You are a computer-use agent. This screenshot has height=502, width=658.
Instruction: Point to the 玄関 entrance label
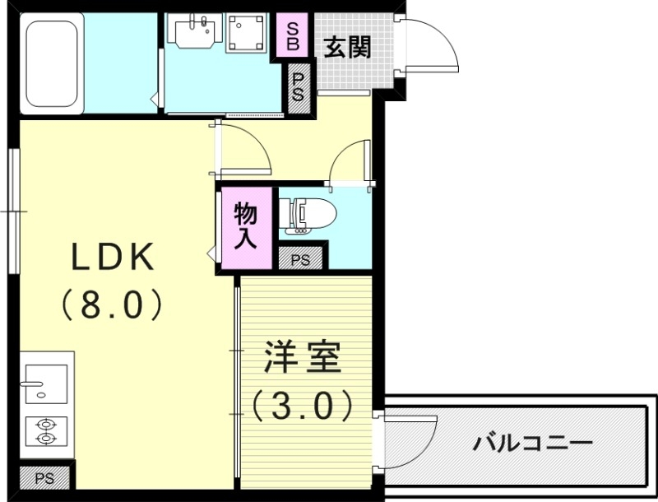coord(345,48)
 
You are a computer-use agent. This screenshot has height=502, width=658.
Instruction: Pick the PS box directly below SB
coord(299,86)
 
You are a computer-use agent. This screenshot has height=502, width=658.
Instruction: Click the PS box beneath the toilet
coord(300,259)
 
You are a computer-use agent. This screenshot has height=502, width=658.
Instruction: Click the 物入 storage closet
coord(245,227)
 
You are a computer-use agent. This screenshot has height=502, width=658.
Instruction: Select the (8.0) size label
coord(112,306)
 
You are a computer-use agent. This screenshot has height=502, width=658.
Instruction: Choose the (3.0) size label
coord(303,404)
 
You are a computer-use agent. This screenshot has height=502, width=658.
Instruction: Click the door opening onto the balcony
coord(407,444)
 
